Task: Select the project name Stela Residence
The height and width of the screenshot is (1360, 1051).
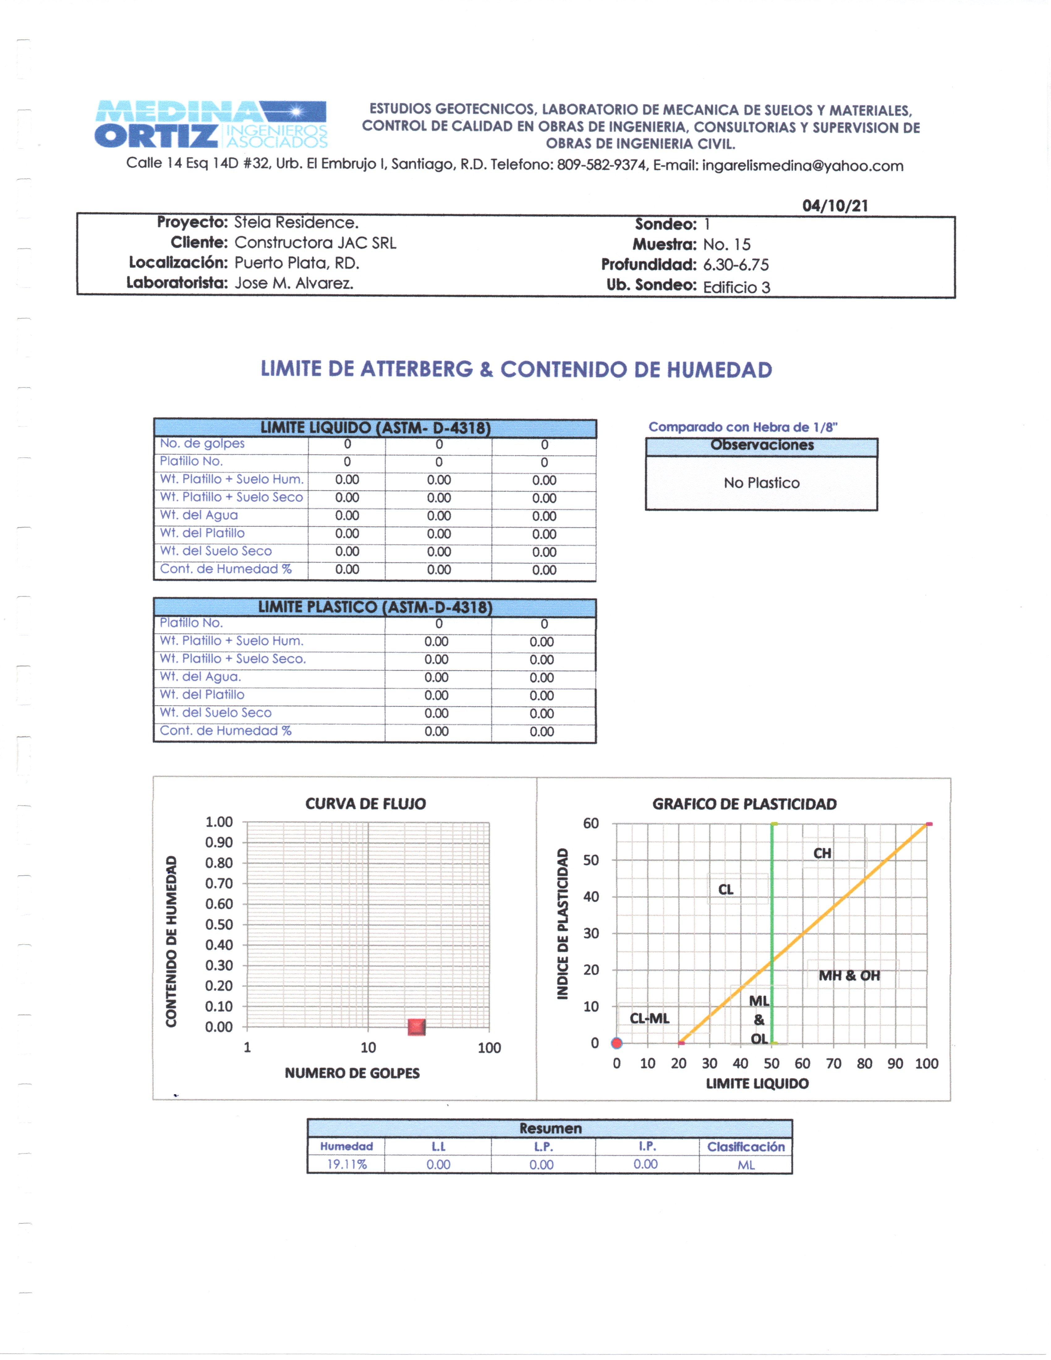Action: pos(296,222)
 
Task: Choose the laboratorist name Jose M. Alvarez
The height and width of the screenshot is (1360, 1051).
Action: pos(294,283)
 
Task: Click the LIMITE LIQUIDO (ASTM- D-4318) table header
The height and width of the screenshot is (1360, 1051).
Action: pos(375,428)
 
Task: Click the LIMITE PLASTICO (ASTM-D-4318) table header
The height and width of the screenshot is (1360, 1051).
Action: pos(375,607)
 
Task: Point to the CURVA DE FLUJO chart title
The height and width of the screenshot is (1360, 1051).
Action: pos(365,804)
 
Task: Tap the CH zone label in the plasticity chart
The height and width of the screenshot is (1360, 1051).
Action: pos(822,853)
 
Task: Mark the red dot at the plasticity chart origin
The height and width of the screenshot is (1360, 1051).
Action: pos(616,1043)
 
